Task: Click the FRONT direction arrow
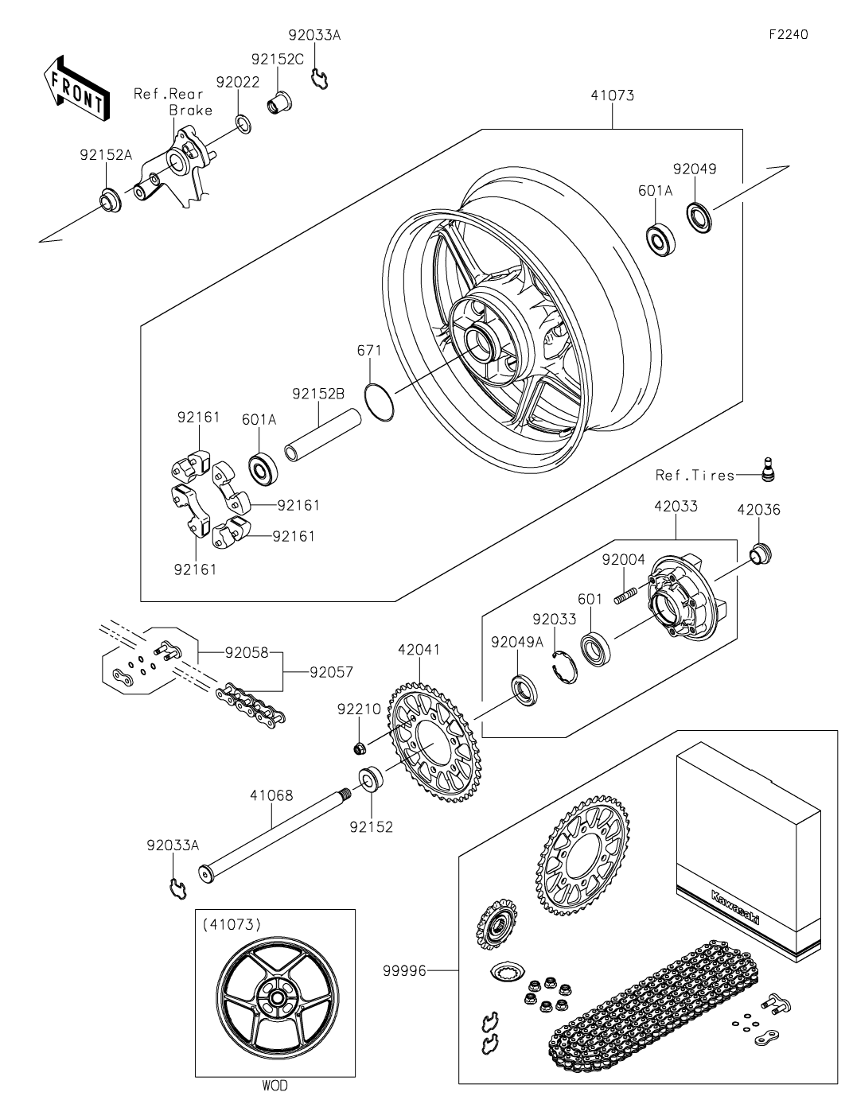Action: pos(75,89)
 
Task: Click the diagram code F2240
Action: pos(789,34)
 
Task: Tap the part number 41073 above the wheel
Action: pos(613,95)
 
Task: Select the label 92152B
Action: pos(319,394)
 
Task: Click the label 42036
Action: pos(759,509)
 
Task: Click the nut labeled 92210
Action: pos(359,748)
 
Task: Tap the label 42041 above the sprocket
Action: pos(419,650)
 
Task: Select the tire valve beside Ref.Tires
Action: pos(768,469)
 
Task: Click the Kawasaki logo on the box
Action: pos(734,907)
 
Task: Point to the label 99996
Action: pos(404,970)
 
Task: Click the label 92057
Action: pos(332,672)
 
